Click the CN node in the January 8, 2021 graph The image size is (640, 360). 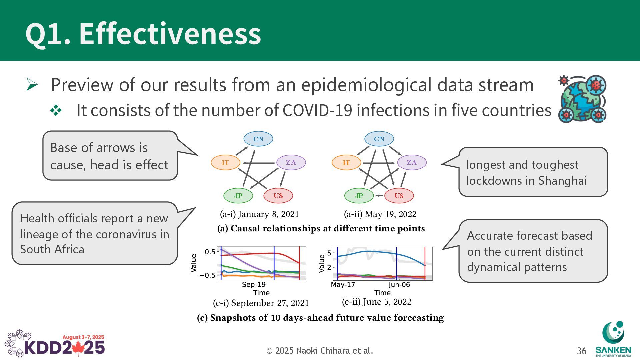pyautogui.click(x=258, y=139)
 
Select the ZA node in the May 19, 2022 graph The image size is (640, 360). pyautogui.click(x=412, y=162)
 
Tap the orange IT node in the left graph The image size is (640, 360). pyautogui.click(x=225, y=163)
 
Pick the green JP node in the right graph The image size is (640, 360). pyautogui.click(x=359, y=196)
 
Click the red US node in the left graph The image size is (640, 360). pyautogui.click(x=278, y=196)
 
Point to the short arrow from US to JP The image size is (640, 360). pyautogui.click(x=379, y=196)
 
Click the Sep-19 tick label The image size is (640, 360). pyautogui.click(x=254, y=284)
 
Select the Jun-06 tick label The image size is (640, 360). pyautogui.click(x=399, y=285)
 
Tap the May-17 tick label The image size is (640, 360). pyautogui.click(x=343, y=285)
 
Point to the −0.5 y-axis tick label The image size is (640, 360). pyautogui.click(x=207, y=275)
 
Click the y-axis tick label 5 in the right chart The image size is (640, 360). pyautogui.click(x=329, y=253)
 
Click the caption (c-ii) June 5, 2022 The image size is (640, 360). pyautogui.click(x=377, y=302)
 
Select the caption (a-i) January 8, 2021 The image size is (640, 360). pyautogui.click(x=259, y=214)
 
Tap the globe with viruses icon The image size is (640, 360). pyautogui.click(x=582, y=99)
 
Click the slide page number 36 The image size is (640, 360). pyautogui.click(x=582, y=351)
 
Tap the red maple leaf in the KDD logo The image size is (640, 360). pyautogui.click(x=78, y=348)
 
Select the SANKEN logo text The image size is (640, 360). pyautogui.click(x=613, y=350)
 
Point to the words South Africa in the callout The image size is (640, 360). pyautogui.click(x=52, y=249)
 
